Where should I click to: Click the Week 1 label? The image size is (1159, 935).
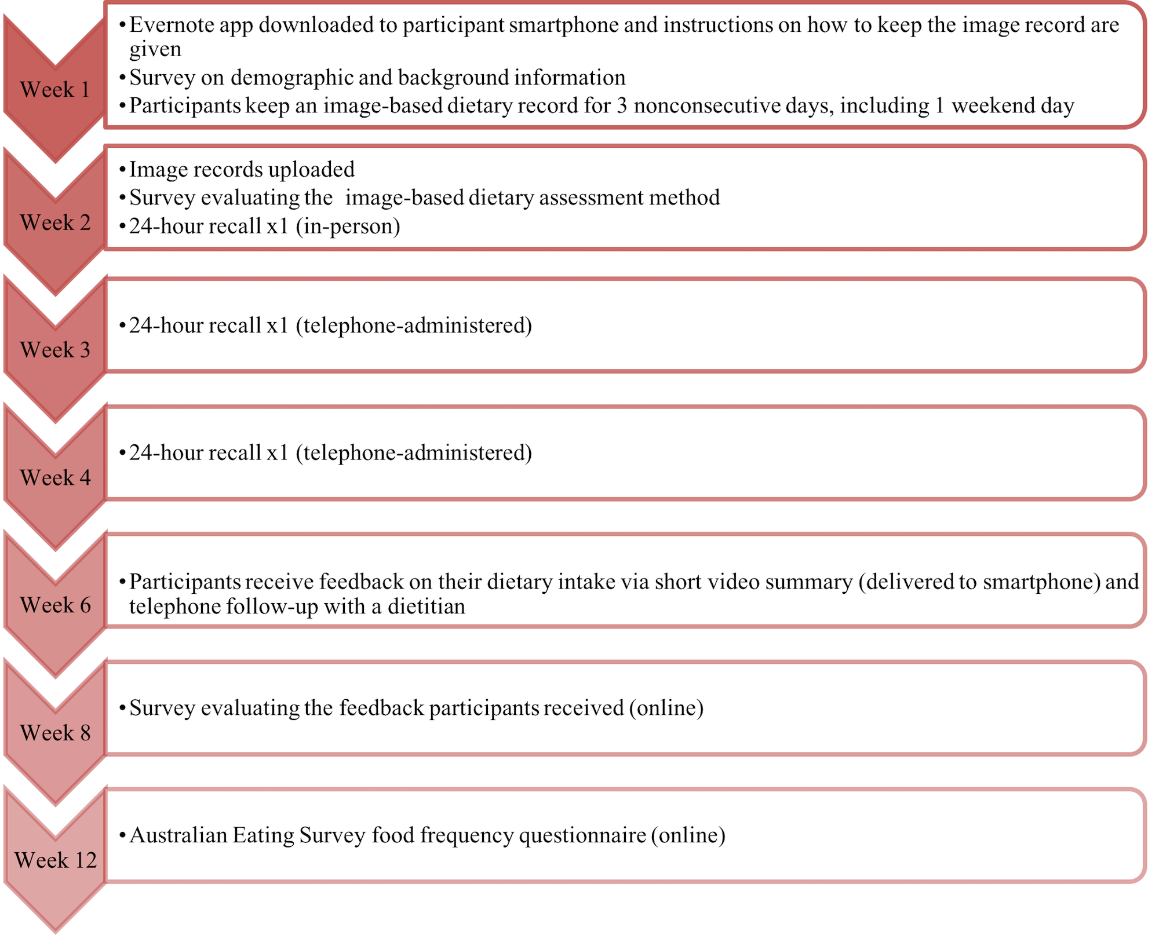pos(55,90)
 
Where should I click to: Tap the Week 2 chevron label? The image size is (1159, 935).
pos(55,222)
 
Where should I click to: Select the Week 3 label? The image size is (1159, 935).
pos(55,350)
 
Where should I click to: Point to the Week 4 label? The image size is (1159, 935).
pos(55,478)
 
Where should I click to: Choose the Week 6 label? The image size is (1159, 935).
pos(55,605)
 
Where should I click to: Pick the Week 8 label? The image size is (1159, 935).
pos(55,733)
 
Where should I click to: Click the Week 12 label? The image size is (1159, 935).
pos(56,860)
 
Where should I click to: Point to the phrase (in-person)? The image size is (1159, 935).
pos(348,227)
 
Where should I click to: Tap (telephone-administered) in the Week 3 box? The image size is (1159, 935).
pos(414,326)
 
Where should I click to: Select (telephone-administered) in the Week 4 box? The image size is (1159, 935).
pos(414,453)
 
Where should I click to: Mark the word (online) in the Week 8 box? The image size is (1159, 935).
pos(666,708)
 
